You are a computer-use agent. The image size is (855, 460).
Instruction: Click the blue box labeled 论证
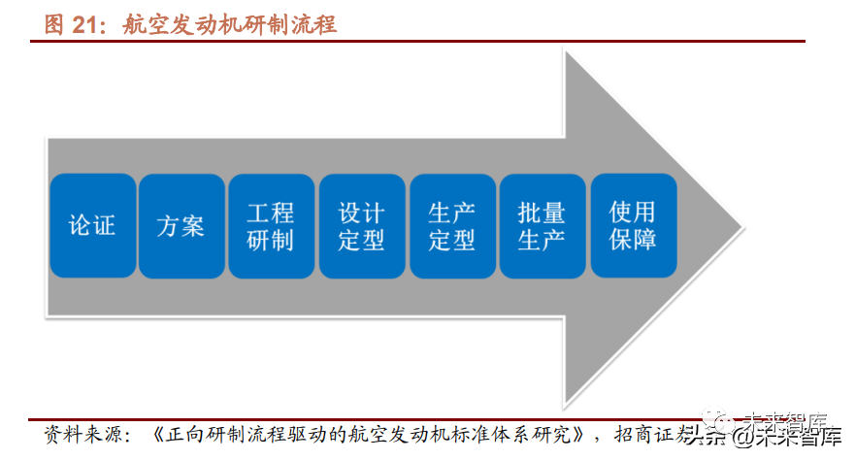pos(92,226)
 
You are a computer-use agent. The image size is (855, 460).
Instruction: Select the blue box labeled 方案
pos(181,226)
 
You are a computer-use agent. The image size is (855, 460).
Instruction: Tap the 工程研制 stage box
pos(271,226)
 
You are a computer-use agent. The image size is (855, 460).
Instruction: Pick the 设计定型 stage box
pos(362,226)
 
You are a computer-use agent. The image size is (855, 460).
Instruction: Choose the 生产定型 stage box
pos(452,226)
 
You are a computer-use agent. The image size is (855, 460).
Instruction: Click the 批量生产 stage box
pos(542,226)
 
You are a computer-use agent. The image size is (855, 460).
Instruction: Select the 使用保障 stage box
pos(633,226)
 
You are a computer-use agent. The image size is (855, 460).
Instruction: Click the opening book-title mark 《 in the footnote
pos(162,433)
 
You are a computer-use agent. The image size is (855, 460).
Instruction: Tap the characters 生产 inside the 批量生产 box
pos(542,240)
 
